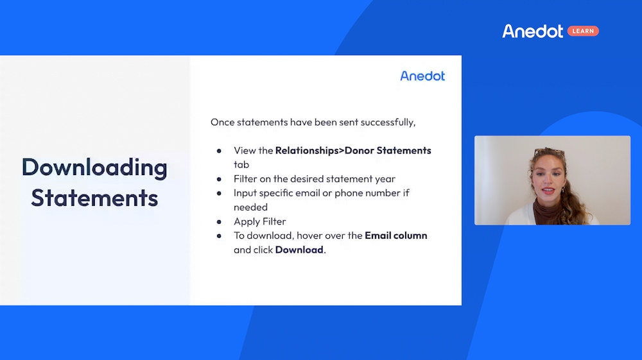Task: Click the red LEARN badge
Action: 583,31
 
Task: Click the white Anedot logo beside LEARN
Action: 533,31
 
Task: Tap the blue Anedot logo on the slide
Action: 422,76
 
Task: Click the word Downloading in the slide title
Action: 94,168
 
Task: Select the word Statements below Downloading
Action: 94,198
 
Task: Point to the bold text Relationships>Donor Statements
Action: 353,151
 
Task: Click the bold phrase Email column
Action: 396,236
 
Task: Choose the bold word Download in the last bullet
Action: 299,250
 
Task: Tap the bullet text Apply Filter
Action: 260,221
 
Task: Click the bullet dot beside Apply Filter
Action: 219,222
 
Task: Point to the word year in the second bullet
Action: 385,179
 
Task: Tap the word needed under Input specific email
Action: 250,207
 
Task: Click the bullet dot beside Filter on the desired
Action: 219,179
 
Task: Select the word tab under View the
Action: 241,164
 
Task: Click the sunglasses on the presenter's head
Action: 550,152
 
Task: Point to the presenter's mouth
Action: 548,190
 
